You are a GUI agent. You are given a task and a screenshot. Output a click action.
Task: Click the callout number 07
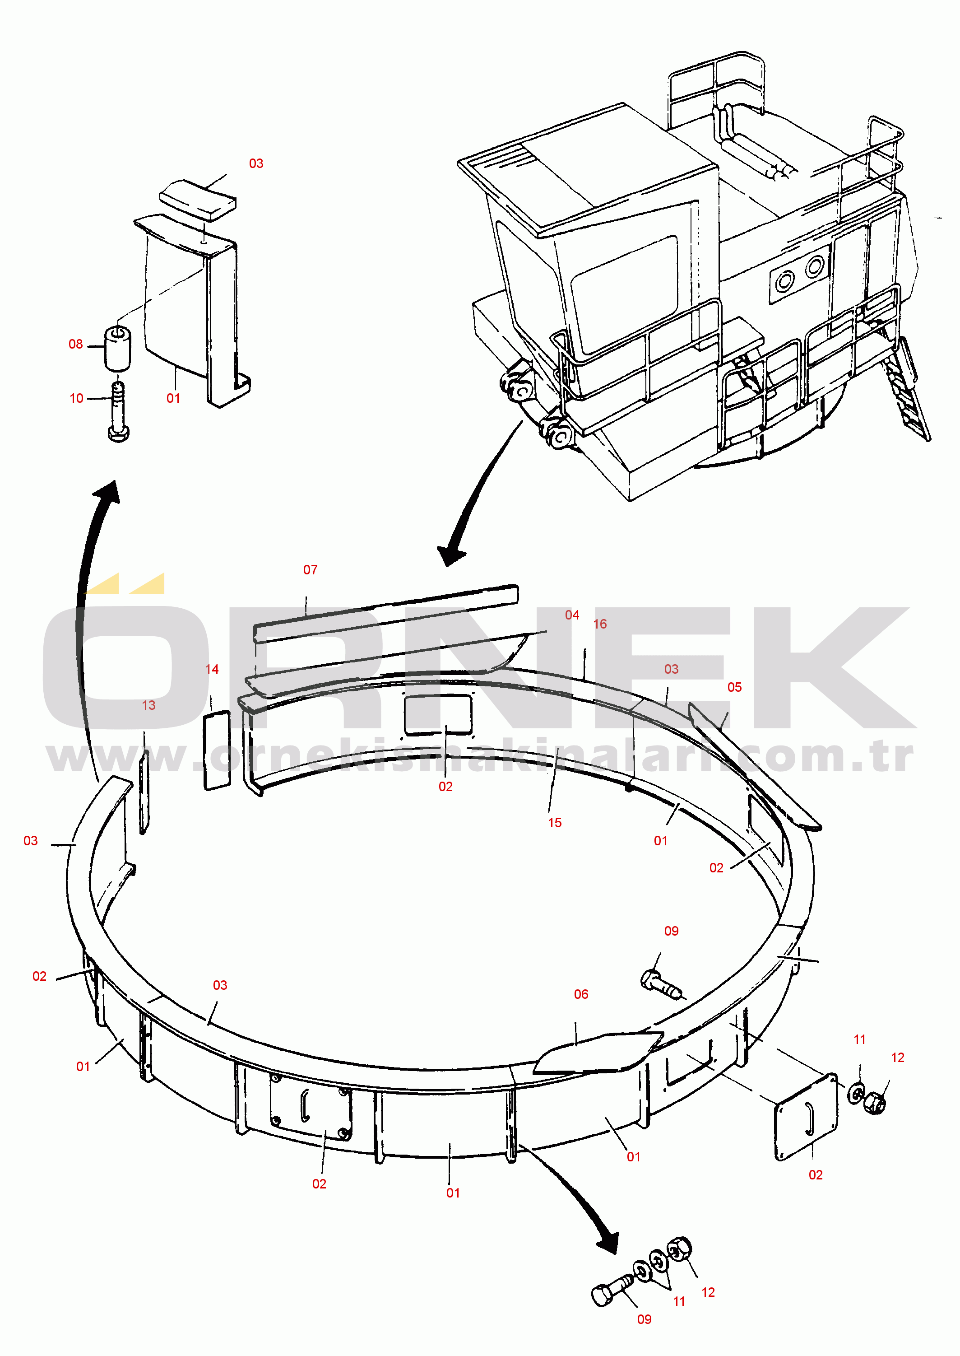click(311, 569)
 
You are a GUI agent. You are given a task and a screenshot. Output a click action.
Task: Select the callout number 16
click(600, 624)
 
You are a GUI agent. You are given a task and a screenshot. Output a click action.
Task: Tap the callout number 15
click(555, 823)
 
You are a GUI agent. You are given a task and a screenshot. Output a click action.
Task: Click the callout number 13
click(148, 705)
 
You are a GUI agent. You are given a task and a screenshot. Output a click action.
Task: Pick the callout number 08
click(76, 344)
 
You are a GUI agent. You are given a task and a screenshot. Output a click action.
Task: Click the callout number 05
click(734, 687)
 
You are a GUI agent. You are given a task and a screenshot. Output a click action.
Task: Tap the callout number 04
click(572, 615)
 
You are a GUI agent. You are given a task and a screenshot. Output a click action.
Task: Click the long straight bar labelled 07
click(386, 613)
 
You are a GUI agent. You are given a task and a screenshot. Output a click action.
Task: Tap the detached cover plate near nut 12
click(806, 1117)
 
